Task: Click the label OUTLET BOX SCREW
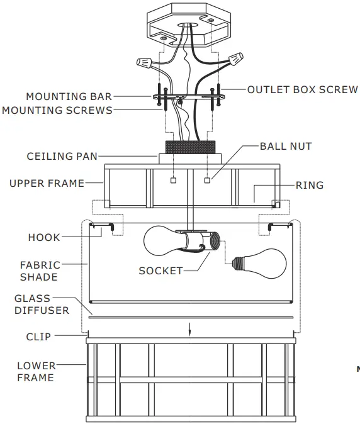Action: tap(302, 90)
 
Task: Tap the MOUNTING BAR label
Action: tap(69, 96)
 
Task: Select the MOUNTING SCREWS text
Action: tap(57, 110)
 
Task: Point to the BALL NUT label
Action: tap(286, 147)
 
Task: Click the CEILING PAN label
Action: tap(62, 156)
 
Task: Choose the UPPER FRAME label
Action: tap(47, 183)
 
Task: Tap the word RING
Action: tap(310, 185)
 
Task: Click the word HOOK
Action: tap(44, 237)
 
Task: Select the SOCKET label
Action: tap(161, 271)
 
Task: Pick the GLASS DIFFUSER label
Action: tap(42, 304)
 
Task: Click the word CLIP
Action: tap(38, 337)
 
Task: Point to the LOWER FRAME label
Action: tap(37, 372)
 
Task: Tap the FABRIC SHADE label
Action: tap(40, 271)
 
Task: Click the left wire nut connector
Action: tap(143, 62)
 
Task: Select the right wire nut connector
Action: tap(237, 59)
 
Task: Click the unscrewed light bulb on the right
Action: tap(260, 264)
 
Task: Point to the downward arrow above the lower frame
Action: tap(189, 329)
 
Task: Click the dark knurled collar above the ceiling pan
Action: tap(191, 147)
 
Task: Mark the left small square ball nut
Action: tap(173, 181)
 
